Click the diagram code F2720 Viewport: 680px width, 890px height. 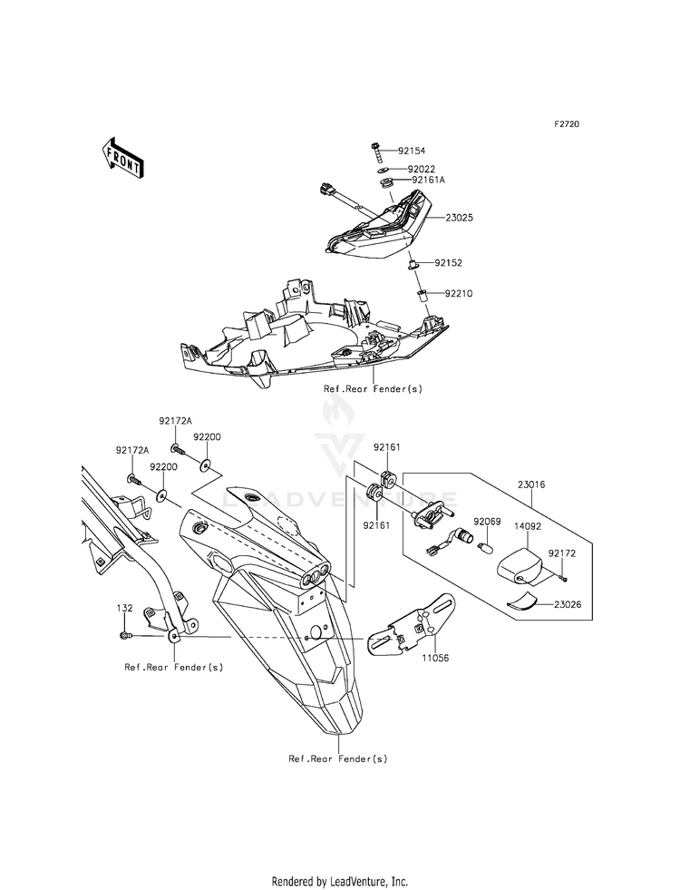pos(567,123)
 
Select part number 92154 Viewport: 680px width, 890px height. pos(412,151)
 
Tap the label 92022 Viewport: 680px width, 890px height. pos(422,169)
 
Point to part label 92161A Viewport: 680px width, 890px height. pos(429,180)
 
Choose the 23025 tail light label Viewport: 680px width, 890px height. pos(460,218)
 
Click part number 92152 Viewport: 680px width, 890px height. pos(449,263)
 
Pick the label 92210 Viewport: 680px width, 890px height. pos(459,293)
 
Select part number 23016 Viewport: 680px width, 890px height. pos(531,484)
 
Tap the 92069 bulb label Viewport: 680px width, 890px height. pos(487,521)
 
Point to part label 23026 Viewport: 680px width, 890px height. pos(568,605)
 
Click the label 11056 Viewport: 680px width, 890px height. pos(435,659)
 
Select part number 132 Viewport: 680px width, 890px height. pos(125,608)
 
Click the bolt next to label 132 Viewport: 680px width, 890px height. pos(125,635)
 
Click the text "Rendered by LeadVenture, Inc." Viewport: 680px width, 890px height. pos(340,881)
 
